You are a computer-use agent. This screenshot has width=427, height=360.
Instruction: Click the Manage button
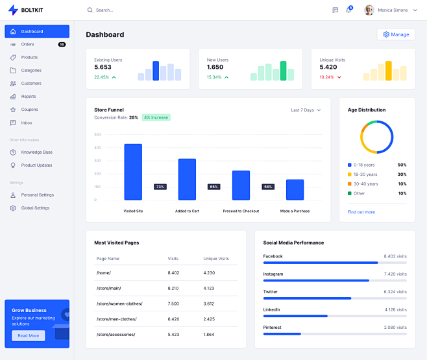pos(395,34)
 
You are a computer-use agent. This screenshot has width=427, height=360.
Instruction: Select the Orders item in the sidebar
pos(27,44)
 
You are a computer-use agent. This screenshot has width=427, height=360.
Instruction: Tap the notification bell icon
pos(348,10)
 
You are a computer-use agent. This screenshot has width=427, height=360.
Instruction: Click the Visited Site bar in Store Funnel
pos(133,172)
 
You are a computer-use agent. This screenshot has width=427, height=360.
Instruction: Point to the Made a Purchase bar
pos(295,189)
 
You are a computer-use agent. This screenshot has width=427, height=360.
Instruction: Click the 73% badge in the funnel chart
pos(160,187)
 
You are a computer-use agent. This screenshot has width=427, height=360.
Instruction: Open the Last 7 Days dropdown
pos(306,110)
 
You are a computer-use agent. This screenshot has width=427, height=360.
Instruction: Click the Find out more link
pos(361,212)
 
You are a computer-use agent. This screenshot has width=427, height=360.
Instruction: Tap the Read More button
pos(28,335)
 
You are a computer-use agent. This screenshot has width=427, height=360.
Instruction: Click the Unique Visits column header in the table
pos(216,259)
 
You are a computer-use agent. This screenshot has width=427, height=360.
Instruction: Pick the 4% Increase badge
pos(156,117)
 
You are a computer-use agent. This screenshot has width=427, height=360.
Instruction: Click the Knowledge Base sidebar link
pos(36,152)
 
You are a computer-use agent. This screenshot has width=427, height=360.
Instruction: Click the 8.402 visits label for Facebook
pos(395,256)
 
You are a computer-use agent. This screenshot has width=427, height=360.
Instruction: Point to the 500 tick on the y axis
pos(97,135)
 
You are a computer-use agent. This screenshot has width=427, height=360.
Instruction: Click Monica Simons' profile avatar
pos(369,10)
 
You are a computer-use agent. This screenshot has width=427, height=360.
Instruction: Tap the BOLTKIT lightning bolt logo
pos(13,10)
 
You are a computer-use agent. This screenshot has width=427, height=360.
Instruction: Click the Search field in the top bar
pos(130,10)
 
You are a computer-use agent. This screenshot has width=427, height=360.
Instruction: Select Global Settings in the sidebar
pos(36,208)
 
